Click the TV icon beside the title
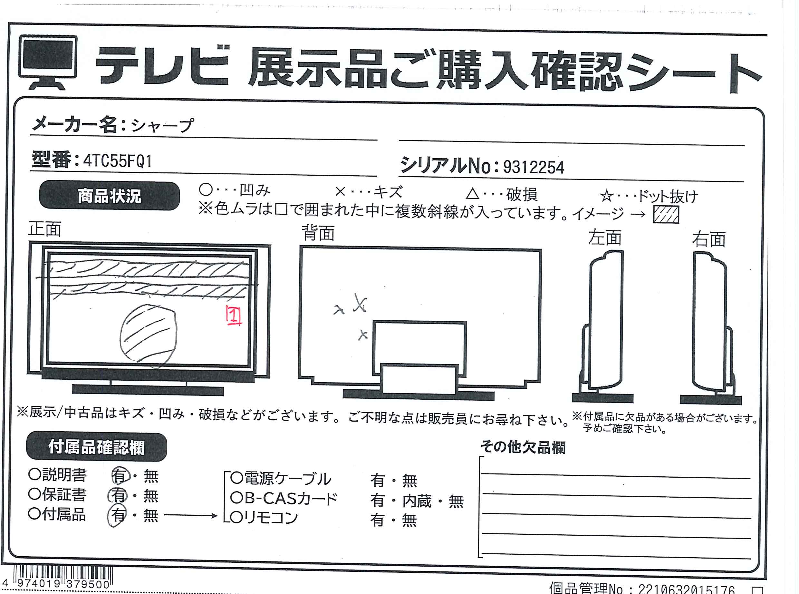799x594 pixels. (x=48, y=62)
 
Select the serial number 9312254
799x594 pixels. (x=534, y=167)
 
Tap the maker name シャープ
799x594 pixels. (x=162, y=125)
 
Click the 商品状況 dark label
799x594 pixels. (x=109, y=196)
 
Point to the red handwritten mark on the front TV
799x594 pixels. (x=234, y=315)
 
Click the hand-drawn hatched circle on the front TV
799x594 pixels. (x=149, y=336)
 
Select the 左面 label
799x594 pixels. (x=605, y=238)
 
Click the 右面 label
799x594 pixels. (x=709, y=239)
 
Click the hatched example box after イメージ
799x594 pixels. (x=666, y=215)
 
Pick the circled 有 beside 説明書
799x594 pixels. (x=120, y=476)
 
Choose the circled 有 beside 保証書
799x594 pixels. (x=118, y=495)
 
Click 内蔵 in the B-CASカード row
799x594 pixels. (x=417, y=501)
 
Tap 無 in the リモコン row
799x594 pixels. (x=409, y=520)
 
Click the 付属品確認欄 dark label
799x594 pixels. (x=97, y=447)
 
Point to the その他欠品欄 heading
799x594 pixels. (x=523, y=447)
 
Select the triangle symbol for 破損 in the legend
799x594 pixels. (x=473, y=193)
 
